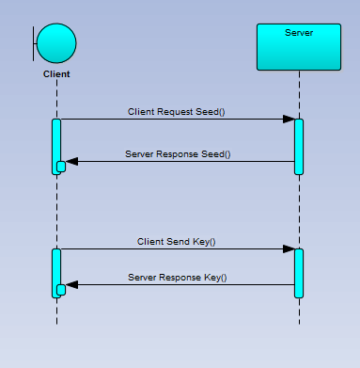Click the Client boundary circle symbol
57,43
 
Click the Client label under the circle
56,73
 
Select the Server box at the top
298,47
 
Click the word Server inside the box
299,33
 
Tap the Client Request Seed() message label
177,111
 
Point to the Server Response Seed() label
178,153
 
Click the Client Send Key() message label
177,242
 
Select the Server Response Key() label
178,278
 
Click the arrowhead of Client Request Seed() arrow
289,120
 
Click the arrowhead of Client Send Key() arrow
289,249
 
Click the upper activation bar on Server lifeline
299,146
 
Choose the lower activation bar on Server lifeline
299,273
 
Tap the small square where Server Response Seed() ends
61,167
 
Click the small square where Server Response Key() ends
61,290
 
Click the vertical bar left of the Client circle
36,43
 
